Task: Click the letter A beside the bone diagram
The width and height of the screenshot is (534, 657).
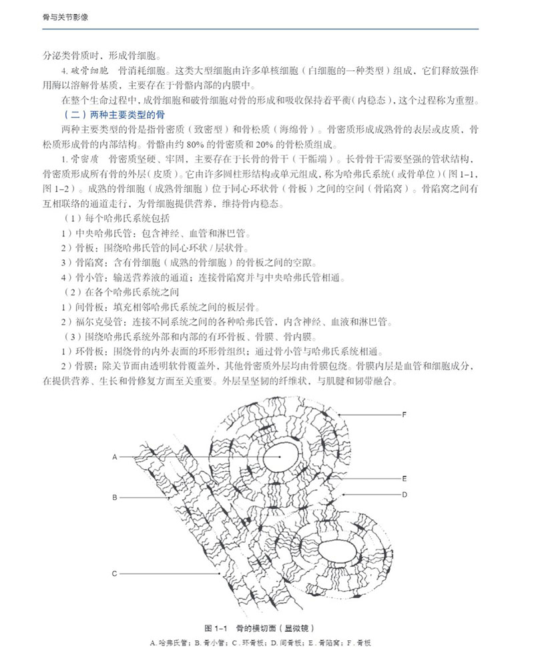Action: [x=115, y=456]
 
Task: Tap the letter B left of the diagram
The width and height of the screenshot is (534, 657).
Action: [x=115, y=497]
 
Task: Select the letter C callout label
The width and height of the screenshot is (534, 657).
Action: [x=115, y=573]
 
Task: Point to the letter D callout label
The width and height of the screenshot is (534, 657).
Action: [x=404, y=494]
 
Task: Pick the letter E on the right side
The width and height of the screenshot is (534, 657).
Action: [x=404, y=479]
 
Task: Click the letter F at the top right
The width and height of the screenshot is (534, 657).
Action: [x=404, y=414]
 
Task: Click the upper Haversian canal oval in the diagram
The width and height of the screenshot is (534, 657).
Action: [x=279, y=458]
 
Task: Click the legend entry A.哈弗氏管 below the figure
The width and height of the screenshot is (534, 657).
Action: [x=170, y=642]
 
